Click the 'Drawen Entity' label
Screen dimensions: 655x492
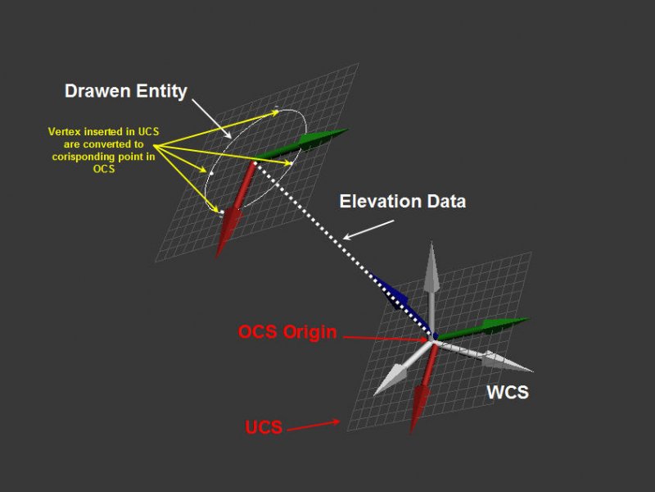tap(126, 91)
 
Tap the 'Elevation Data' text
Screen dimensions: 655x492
tap(403, 201)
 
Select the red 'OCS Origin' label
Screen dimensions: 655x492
tap(287, 332)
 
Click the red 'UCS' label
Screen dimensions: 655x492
tap(264, 427)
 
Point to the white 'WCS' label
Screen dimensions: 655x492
tap(508, 393)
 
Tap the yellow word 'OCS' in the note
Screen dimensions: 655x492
tap(104, 169)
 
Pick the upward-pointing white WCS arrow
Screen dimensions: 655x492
tap(431, 289)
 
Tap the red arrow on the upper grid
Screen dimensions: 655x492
tap(234, 210)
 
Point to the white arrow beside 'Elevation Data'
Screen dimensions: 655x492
tap(368, 230)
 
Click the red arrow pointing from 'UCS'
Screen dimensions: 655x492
tap(314, 425)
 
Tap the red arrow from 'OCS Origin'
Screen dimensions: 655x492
tap(385, 339)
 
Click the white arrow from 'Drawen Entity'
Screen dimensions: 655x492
tap(211, 118)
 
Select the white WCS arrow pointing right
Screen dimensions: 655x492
tap(485, 357)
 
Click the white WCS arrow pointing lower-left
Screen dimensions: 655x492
tap(402, 368)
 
